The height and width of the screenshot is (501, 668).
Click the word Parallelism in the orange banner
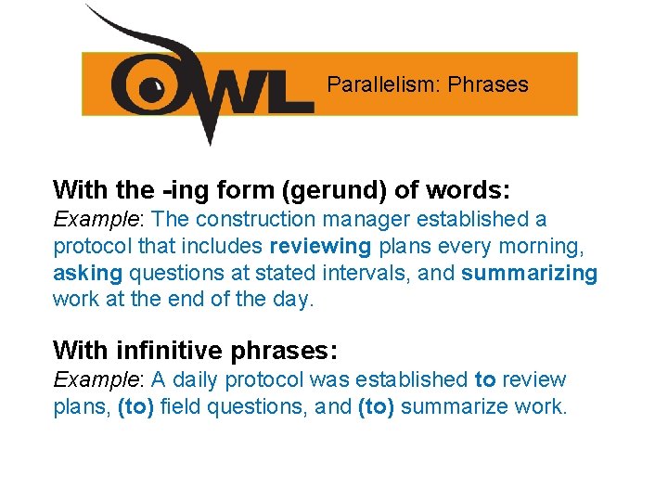382,85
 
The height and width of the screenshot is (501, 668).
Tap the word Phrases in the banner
488,85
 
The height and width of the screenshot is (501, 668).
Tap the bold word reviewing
320,247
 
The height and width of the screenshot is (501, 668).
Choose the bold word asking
87,274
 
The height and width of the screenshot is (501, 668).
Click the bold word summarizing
530,274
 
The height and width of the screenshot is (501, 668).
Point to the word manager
366,220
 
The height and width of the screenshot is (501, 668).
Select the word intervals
357,274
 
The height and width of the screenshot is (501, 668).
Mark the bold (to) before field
136,406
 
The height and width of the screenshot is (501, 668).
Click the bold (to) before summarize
376,406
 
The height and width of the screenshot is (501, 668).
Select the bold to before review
484,379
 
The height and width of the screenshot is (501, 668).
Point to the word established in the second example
413,379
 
